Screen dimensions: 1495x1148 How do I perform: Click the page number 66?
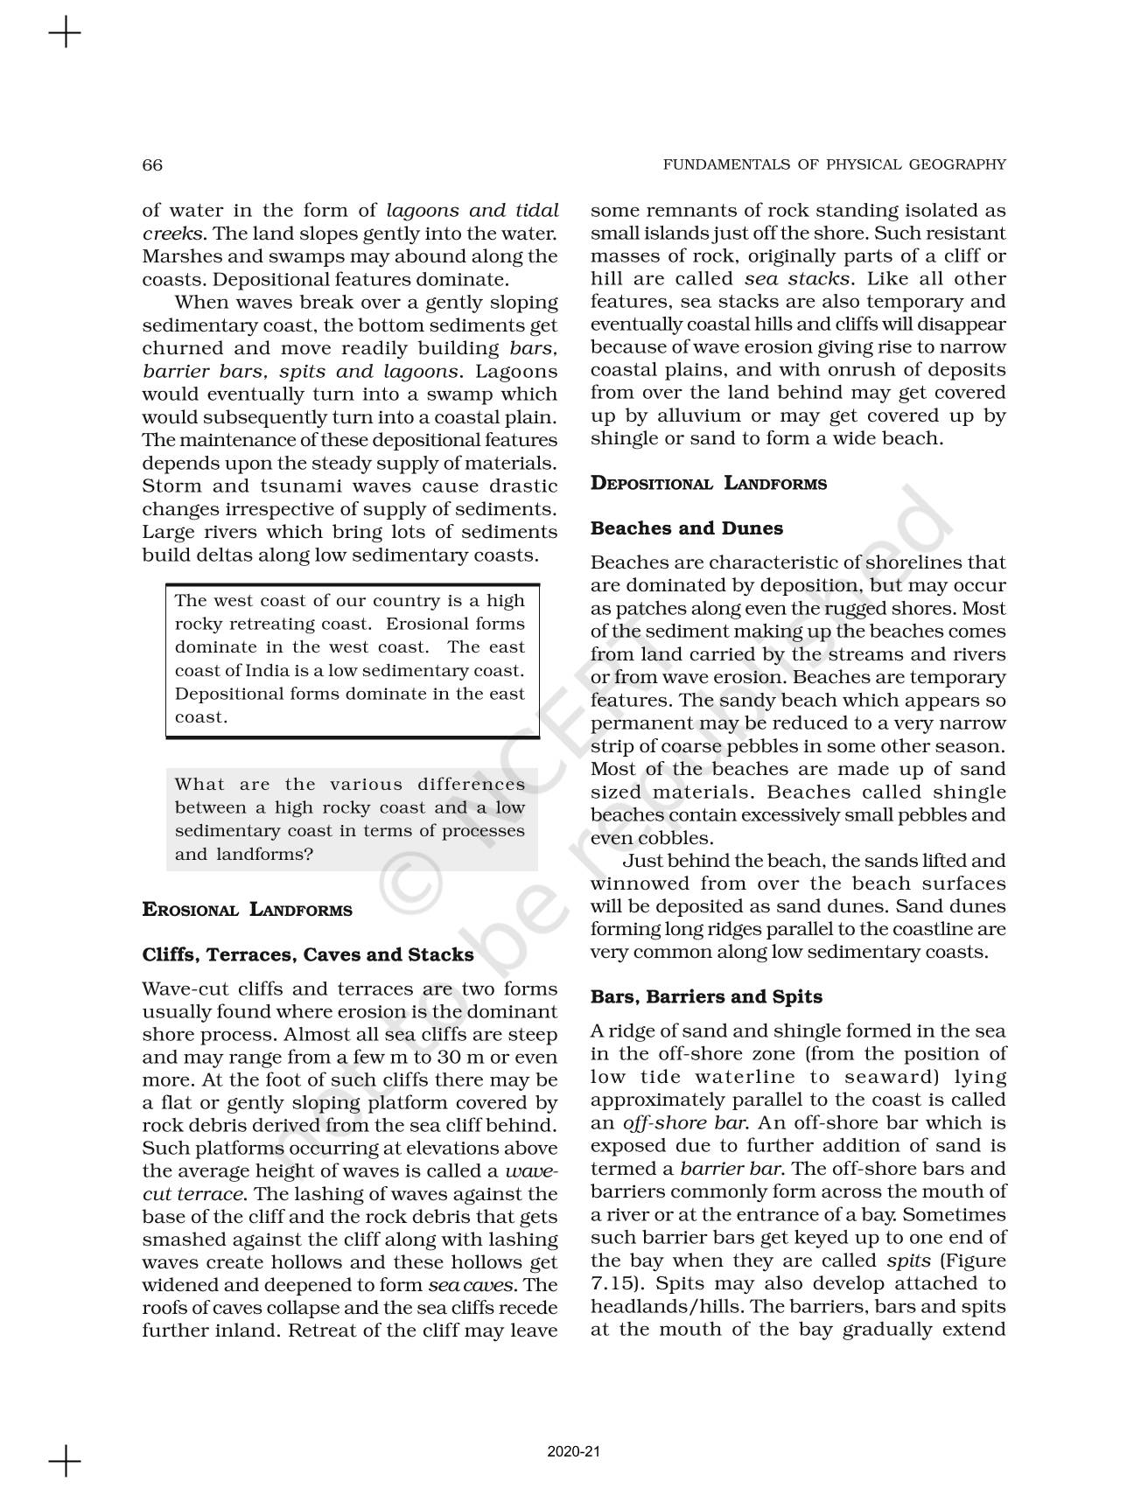tap(152, 165)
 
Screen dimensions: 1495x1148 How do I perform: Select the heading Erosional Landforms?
tap(247, 910)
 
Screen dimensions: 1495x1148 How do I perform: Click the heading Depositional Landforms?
tap(708, 484)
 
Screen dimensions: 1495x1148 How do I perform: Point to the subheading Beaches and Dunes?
tap(686, 528)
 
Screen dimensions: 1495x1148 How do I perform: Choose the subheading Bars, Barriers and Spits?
tap(705, 996)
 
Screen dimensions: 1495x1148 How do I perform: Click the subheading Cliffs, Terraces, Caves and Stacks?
tap(308, 954)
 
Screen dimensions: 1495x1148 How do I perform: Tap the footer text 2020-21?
tap(573, 1451)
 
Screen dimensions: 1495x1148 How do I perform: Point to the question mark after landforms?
tap(308, 854)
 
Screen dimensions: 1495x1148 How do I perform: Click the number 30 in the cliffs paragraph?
tap(467, 1057)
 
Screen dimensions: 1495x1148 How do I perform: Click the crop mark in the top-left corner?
tap(65, 35)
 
